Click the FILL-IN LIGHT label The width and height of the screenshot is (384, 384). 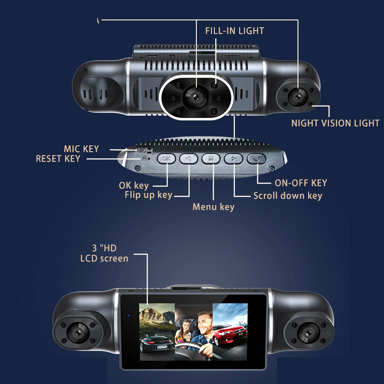[x=234, y=31]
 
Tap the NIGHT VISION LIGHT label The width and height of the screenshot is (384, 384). [x=335, y=123]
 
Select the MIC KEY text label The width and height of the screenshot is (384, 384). [x=81, y=149]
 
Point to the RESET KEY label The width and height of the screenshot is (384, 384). [x=58, y=158]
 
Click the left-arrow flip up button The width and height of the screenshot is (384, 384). [x=189, y=158]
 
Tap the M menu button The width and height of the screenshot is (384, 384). [x=211, y=158]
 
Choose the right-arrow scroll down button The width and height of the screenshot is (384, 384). [x=234, y=158]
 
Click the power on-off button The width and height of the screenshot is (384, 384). [x=256, y=158]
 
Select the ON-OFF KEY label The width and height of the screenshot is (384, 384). [x=301, y=183]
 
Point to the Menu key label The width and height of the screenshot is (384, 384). [x=213, y=207]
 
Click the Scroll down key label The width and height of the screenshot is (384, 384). [x=287, y=196]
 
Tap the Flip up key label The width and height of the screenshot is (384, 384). [x=148, y=195]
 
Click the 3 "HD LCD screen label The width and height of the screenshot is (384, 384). [x=104, y=253]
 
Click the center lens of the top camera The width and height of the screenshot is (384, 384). [x=196, y=97]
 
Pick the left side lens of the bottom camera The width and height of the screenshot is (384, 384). [x=78, y=332]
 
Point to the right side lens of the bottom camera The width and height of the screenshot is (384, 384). [x=309, y=333]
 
